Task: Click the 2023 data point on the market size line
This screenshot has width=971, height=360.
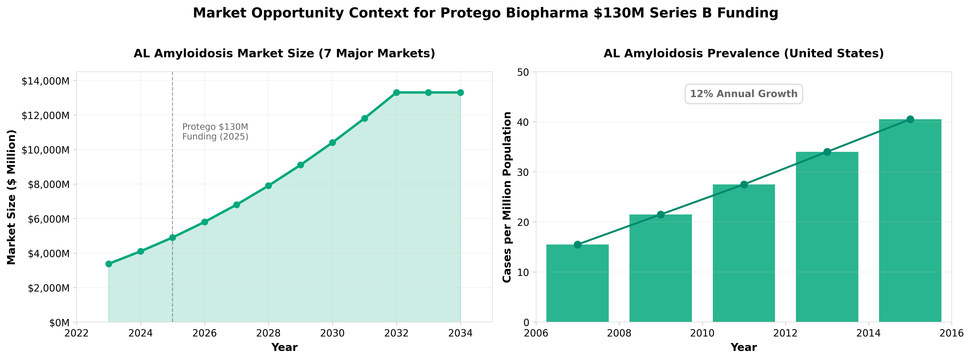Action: coord(108,264)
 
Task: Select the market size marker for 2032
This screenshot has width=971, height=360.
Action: coord(396,93)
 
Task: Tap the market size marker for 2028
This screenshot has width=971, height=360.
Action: coord(268,186)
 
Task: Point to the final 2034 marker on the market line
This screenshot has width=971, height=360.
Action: coord(460,93)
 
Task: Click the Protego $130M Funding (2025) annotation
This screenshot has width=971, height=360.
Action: coord(215,132)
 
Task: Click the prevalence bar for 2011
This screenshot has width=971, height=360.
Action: coord(744,253)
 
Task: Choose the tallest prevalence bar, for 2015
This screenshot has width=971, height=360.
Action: coord(910,221)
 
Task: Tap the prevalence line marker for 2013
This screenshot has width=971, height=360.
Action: coord(827,152)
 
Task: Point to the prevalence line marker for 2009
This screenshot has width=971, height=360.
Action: coord(660,214)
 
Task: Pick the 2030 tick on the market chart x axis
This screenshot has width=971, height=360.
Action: coord(332,333)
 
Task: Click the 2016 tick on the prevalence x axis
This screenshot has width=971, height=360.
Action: coord(951,333)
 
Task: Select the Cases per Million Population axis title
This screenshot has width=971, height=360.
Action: coord(507,197)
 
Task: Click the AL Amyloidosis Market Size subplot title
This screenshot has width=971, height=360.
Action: coord(284,54)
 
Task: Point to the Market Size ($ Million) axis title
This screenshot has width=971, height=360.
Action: coord(11,197)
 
